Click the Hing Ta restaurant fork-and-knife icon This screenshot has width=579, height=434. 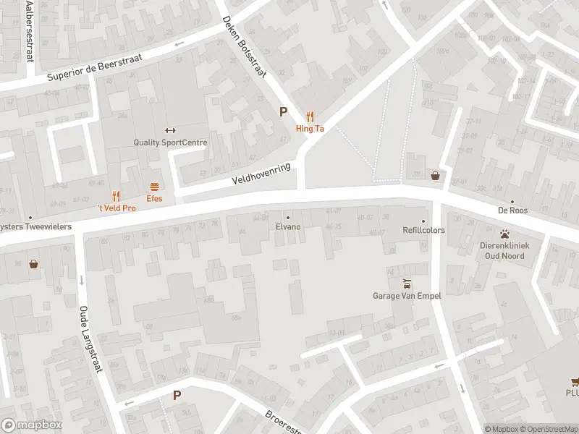pyautogui.click(x=310, y=115)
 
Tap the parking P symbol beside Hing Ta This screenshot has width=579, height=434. pyautogui.click(x=284, y=112)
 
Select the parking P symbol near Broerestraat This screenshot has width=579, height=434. pyautogui.click(x=177, y=396)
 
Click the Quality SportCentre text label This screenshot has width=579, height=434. pyautogui.click(x=170, y=142)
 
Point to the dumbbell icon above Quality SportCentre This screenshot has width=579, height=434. pyautogui.click(x=170, y=130)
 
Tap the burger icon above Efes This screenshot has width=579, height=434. pyautogui.click(x=154, y=186)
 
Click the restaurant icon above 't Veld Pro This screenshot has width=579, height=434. pyautogui.click(x=116, y=195)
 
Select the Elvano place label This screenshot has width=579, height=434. pyautogui.click(x=288, y=226)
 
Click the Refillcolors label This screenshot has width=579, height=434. pyautogui.click(x=424, y=230)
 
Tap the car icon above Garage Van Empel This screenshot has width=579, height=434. pyautogui.click(x=407, y=283)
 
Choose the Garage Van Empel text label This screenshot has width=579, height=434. pyautogui.click(x=407, y=295)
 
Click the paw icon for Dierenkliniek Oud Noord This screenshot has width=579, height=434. pyautogui.click(x=505, y=234)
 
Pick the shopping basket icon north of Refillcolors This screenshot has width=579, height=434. pyautogui.click(x=436, y=175)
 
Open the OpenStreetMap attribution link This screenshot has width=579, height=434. pyautogui.click(x=549, y=429)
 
